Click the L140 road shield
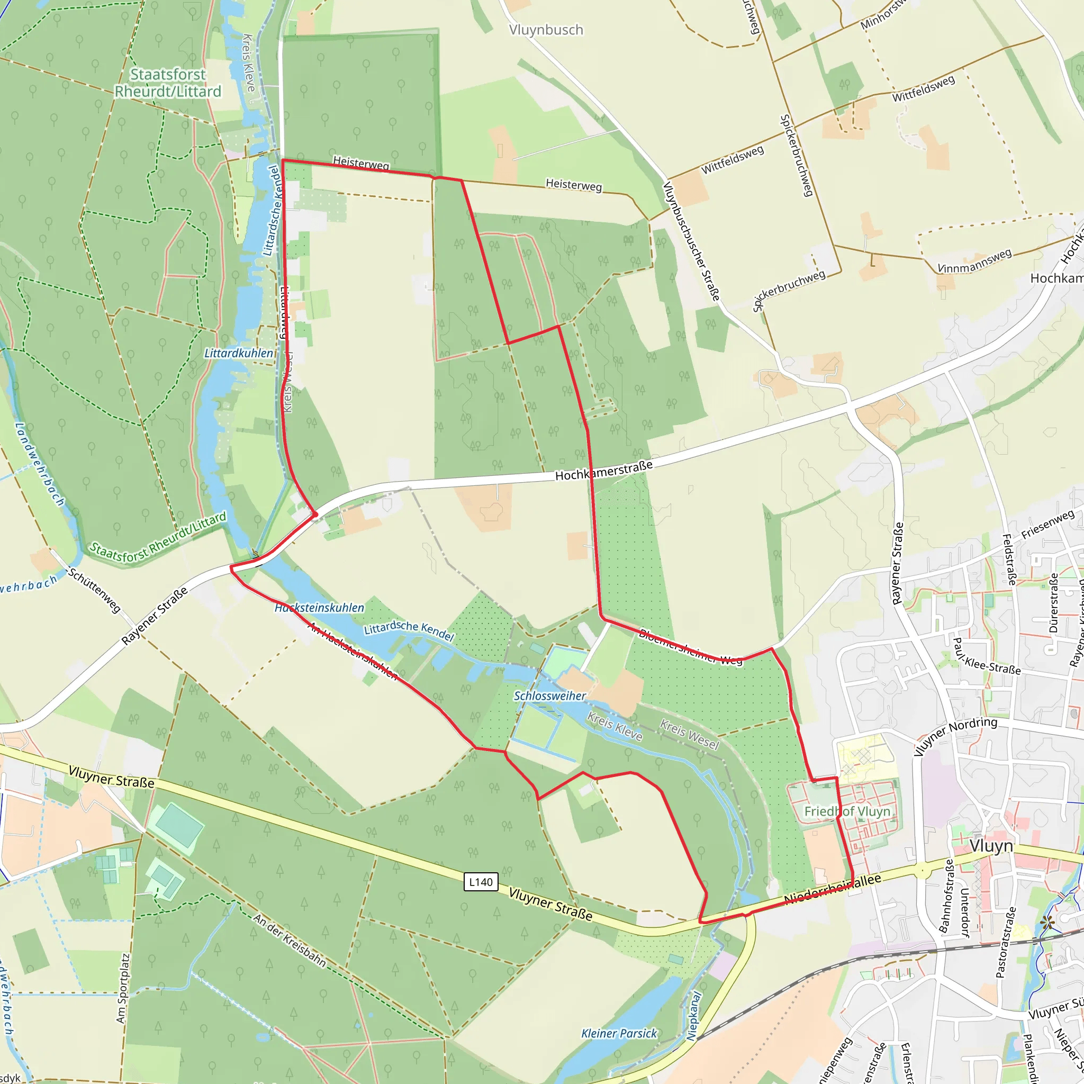481,882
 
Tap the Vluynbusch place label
546,30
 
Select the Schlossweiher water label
550,695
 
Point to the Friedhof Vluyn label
847,812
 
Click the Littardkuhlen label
239,353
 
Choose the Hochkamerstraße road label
604,470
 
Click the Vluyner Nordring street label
955,736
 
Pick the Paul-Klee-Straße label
987,656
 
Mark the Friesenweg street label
1047,525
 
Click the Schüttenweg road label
94,590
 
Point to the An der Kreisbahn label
290,941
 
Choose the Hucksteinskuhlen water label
319,608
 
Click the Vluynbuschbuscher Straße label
691,241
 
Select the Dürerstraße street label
1053,602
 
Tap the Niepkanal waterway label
694,1016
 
